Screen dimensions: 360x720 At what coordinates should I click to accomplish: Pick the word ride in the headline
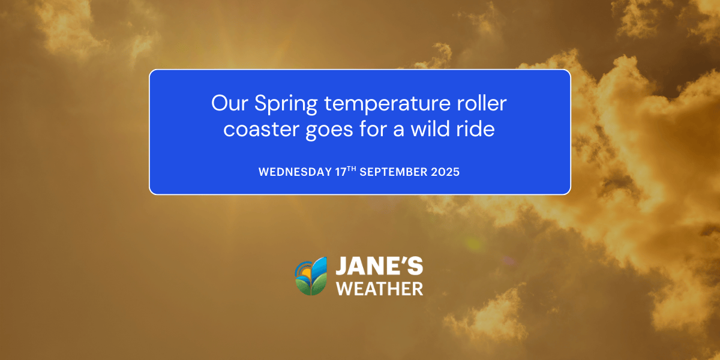(x=478, y=129)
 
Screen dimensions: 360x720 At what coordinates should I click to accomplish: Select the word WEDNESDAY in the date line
(x=295, y=172)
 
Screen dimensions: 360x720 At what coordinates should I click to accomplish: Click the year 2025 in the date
(x=445, y=172)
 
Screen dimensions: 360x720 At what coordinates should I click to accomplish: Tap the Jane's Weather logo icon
(x=311, y=276)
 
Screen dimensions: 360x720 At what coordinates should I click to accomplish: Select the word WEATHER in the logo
(x=379, y=289)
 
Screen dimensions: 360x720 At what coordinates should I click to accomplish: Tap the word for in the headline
(x=370, y=129)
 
